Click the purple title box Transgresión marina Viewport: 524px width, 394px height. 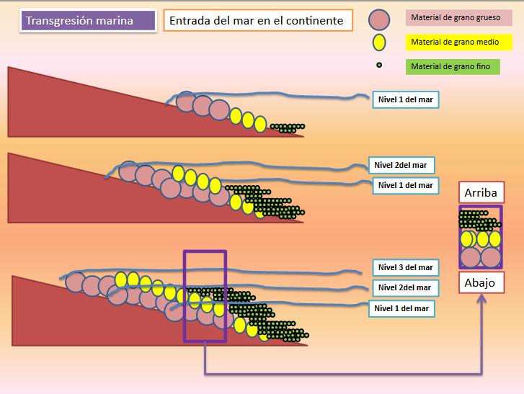point(86,20)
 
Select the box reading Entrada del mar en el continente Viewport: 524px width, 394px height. point(256,21)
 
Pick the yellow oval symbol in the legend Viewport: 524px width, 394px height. point(378,42)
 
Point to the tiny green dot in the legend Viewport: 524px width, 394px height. point(379,66)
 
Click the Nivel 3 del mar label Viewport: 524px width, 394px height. point(405,267)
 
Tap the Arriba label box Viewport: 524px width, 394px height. point(481,192)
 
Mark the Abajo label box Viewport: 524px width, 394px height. point(481,282)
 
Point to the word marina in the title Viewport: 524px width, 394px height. point(116,20)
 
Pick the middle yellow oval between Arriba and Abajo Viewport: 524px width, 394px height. point(481,238)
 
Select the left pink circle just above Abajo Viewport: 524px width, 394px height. point(471,257)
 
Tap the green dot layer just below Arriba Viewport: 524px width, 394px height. point(481,219)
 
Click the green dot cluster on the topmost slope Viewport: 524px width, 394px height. point(288,128)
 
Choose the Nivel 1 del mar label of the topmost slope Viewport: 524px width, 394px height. point(405,100)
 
